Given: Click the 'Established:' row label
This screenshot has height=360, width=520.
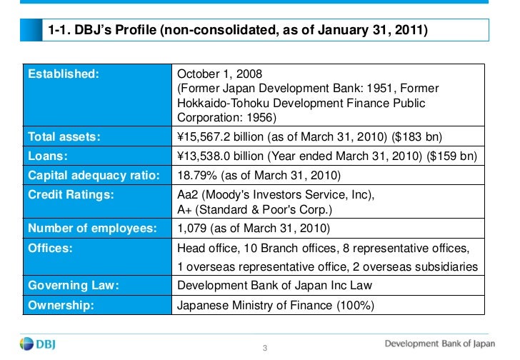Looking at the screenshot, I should [64, 74].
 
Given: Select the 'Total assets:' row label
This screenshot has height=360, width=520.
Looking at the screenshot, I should [63, 136].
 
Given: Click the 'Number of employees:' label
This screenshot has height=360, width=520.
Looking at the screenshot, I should [92, 229].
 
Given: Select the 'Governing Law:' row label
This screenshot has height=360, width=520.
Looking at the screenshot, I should [73, 285].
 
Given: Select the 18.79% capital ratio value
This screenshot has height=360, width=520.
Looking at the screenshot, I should [194, 174].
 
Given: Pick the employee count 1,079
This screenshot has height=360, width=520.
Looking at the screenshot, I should [191, 229].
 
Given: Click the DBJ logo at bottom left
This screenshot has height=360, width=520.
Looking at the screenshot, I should [38, 344].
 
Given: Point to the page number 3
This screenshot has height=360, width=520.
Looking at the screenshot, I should [264, 348].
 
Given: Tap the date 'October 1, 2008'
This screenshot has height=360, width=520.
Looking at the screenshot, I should [219, 74].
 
